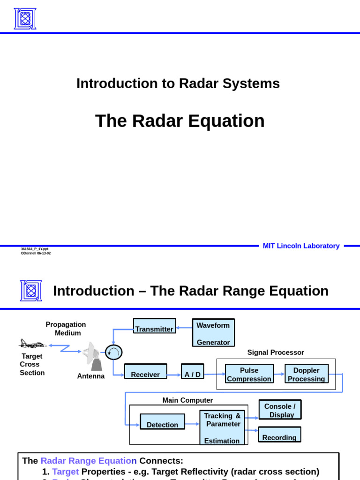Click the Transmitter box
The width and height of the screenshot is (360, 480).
coord(154,326)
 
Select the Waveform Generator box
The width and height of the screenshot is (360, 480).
coord(213,333)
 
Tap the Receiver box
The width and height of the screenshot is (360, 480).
coord(145,371)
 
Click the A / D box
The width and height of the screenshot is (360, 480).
coord(192,371)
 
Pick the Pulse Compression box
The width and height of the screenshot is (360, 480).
coord(249,374)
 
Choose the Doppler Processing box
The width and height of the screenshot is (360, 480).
coord(307,374)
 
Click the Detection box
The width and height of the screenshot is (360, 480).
coord(162,421)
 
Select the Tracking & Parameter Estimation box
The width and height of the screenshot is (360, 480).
coord(222,427)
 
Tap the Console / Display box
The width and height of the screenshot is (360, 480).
coord(280,410)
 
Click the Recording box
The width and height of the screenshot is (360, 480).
coord(279,435)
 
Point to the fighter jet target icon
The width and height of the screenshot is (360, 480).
coord(32,344)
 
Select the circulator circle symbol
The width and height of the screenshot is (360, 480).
coord(113,352)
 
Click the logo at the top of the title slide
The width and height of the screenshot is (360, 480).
coord(25,19)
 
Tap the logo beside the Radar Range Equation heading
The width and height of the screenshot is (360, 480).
coord(31,291)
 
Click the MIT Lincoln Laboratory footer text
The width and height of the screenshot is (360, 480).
coord(301,246)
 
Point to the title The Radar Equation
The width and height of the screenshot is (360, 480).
coord(180,121)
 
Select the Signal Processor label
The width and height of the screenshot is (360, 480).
coord(276,352)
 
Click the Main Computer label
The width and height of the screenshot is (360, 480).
coord(187,400)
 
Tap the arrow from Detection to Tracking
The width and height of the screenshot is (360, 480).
coord(192,424)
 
